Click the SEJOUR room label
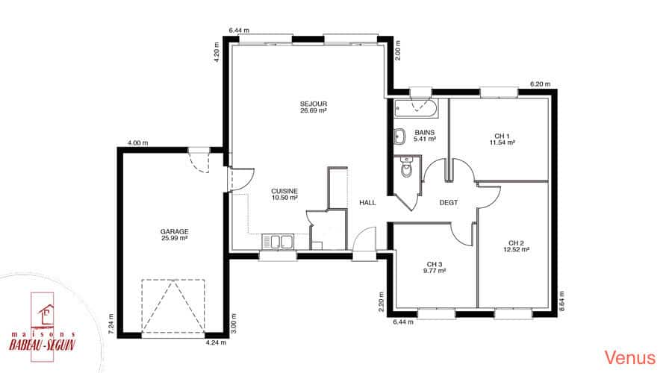point(314,107)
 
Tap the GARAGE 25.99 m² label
point(175,235)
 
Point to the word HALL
point(367,203)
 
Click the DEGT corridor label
point(448,203)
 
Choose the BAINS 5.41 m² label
point(425,136)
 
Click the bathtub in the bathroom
point(416,108)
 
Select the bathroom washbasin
point(400,136)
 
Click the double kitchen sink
point(278,242)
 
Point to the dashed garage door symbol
point(173,306)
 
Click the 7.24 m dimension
point(111,324)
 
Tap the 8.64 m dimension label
point(561,301)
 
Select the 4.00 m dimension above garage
point(138,143)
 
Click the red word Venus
point(630,357)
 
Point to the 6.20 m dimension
point(541,84)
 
